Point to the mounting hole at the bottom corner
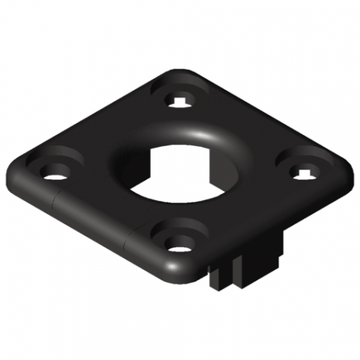[x=177, y=243]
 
